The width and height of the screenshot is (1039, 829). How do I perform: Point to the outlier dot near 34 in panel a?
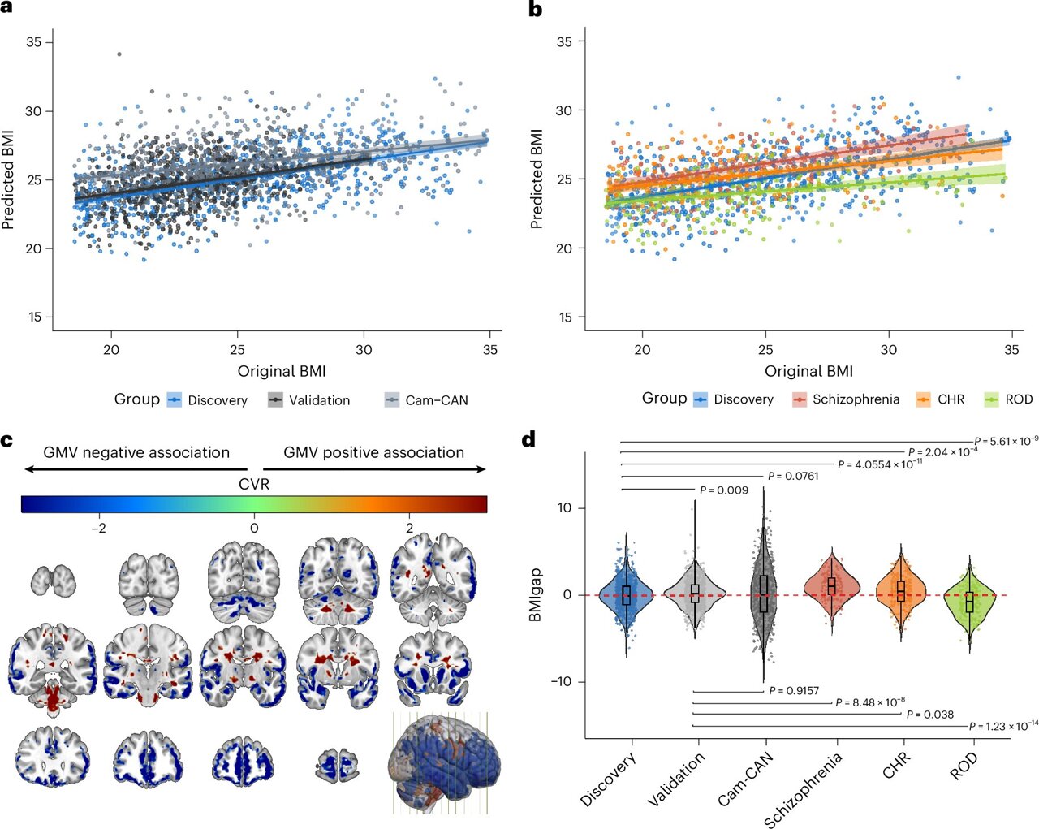tap(119, 54)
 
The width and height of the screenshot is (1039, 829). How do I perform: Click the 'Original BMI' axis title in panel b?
tap(808, 371)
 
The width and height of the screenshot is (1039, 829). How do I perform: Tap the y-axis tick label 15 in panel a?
tap(34, 317)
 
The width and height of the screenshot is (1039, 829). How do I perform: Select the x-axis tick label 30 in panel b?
tap(889, 350)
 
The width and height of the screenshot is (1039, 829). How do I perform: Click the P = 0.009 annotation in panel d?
tap(724, 490)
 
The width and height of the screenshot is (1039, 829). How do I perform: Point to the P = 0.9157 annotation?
tap(794, 691)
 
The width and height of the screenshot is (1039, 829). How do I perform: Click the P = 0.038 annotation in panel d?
tap(929, 715)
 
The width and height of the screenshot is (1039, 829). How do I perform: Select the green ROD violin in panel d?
tap(969, 601)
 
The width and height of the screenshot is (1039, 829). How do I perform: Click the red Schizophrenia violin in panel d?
tap(831, 589)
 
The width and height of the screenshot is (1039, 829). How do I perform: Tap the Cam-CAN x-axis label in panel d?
tap(745, 779)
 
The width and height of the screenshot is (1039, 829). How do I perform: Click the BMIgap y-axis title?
tap(535, 595)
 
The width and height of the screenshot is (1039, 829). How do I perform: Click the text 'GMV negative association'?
tap(136, 452)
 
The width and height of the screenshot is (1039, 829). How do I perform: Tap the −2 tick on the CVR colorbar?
tap(98, 528)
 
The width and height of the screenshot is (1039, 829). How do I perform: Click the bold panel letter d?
tap(528, 439)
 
